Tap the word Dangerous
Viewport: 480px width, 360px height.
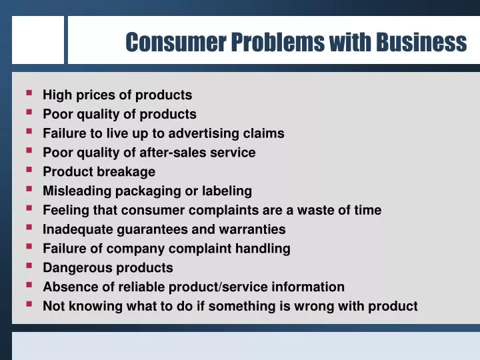coord(74,268)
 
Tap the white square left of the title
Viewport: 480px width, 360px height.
coord(37,40)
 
